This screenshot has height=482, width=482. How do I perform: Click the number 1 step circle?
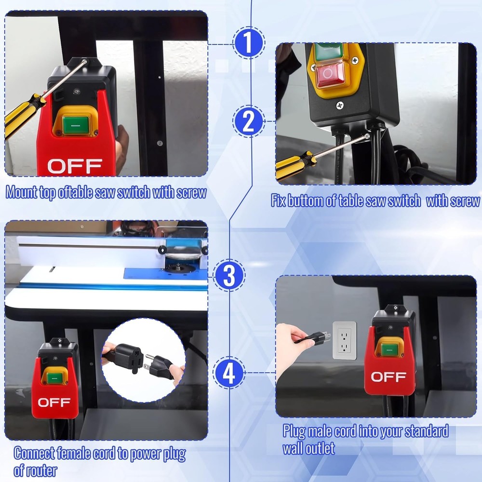point(248,44)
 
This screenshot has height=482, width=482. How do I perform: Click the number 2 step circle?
point(248,121)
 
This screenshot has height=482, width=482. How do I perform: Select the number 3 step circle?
point(229,276)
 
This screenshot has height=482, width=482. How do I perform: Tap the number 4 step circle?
point(229,373)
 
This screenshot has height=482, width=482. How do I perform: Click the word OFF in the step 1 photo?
point(75,166)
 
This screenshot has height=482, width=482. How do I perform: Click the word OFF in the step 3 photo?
point(54,402)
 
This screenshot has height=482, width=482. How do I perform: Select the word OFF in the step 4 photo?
point(388,376)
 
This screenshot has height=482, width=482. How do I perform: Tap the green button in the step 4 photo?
point(389,346)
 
